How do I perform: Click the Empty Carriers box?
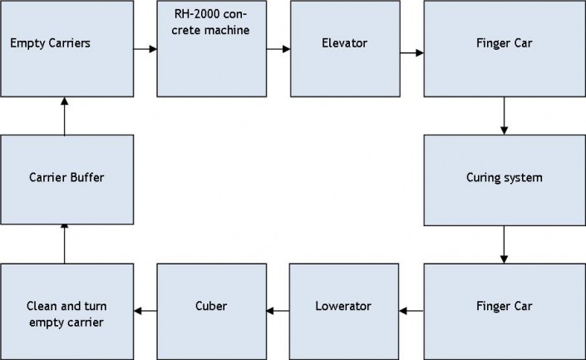click(x=66, y=49)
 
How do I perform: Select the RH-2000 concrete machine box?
click(x=212, y=49)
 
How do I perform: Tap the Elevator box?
click(x=345, y=49)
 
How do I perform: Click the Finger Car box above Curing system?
click(x=504, y=49)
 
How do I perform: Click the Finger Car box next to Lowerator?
click(x=504, y=310)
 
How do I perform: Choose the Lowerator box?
click(x=345, y=310)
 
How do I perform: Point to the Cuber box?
click(x=212, y=310)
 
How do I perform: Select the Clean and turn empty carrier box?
click(x=66, y=310)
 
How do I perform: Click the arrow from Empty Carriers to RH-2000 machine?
click(x=145, y=49)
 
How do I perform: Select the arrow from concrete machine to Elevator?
click(x=278, y=49)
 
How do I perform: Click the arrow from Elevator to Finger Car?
click(x=411, y=52)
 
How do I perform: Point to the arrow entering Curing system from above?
click(x=504, y=116)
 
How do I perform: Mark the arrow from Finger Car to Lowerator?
click(x=411, y=312)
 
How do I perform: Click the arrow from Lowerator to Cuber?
click(x=278, y=312)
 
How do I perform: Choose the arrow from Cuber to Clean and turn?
click(x=145, y=312)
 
